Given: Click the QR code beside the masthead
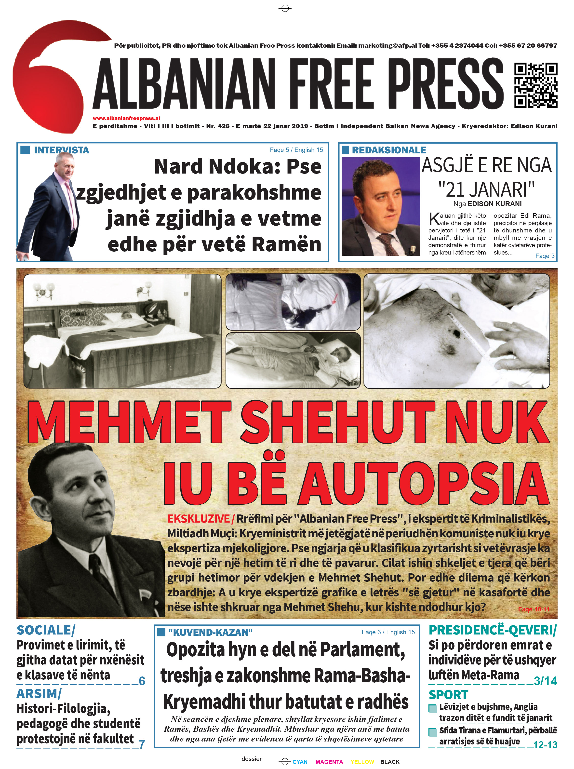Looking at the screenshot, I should coord(536,85).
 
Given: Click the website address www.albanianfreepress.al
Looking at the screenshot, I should coord(126,118).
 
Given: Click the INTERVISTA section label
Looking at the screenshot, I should coord(62,150).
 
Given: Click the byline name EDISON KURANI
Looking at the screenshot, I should coord(494,204).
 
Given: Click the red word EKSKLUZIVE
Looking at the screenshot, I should coord(198,519).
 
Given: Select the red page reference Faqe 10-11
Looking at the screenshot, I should coord(533,609).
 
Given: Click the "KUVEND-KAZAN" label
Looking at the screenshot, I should coord(210,633).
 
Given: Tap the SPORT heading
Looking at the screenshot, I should coord(448,695).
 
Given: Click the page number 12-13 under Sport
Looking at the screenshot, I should coord(545,745).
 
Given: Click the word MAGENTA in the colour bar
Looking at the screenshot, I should coord(329,762).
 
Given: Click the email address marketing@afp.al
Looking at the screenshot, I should coord(387,45).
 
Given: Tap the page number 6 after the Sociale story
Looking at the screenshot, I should coord(142,681).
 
